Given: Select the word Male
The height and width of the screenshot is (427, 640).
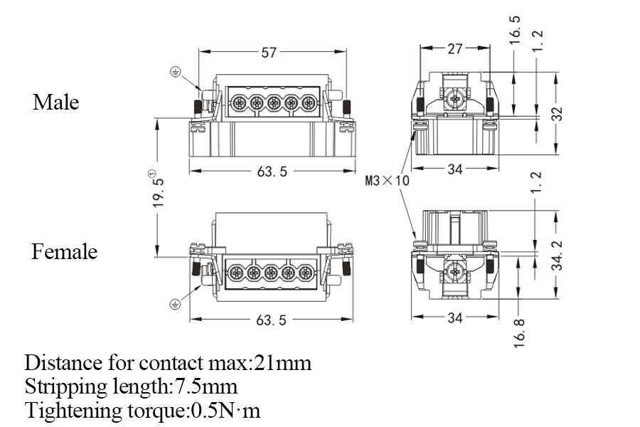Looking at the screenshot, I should [55, 102].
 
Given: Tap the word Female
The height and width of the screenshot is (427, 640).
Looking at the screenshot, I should [65, 252].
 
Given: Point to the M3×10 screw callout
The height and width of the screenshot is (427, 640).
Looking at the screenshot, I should [388, 181].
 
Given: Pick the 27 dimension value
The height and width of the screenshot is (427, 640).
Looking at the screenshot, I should [455, 48].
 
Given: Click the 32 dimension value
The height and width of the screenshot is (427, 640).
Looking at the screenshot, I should [558, 113].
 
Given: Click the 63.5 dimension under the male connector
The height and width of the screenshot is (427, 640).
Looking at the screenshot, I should [272, 172].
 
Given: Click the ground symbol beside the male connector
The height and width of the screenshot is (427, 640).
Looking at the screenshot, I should [175, 71].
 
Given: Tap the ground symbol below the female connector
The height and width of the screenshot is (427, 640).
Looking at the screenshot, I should [175, 305].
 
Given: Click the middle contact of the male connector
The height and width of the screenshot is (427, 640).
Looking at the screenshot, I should [272, 103].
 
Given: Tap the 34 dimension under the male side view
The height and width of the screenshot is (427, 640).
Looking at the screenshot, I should [455, 169].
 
